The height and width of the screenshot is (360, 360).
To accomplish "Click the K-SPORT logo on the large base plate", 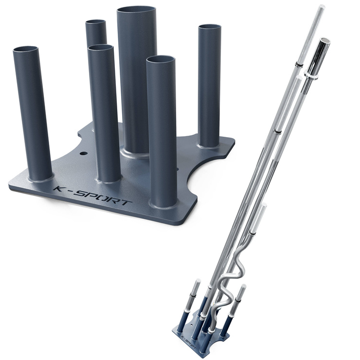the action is (92, 197).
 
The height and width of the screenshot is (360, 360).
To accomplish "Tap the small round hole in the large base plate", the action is (84, 153).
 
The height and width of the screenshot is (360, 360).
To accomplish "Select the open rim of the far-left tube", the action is (25, 49).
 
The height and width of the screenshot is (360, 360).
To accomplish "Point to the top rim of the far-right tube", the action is (210, 27).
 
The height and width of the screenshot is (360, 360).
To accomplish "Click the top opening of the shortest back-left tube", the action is (96, 22).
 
